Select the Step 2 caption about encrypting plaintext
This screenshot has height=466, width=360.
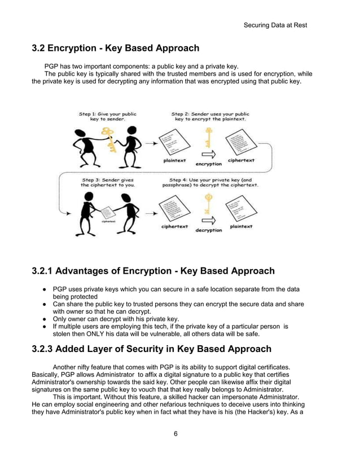[x=210, y=116]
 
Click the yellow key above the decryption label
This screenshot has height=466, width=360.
[x=208, y=203]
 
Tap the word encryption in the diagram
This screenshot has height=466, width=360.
[x=208, y=164]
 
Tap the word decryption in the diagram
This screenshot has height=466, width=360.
[x=208, y=230]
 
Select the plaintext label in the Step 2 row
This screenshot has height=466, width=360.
[x=175, y=160]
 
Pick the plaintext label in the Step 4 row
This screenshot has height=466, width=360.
[x=241, y=227]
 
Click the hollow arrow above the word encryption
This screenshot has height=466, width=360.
[x=208, y=154]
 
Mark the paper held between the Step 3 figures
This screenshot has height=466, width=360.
[x=108, y=214]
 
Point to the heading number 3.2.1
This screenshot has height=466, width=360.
[x=47, y=271]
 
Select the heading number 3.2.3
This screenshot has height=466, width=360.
[x=47, y=349]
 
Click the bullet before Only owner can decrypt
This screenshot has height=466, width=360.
[x=44, y=319]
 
